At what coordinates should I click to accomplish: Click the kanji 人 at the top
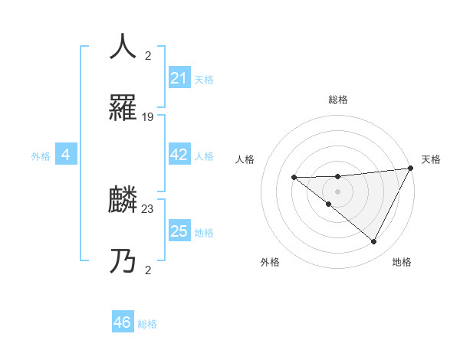[123, 47]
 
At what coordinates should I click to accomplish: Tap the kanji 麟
[123, 201]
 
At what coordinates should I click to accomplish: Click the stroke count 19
[148, 117]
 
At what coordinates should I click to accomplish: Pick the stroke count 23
[148, 208]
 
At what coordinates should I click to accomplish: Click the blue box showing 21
[179, 78]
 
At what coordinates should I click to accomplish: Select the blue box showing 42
[179, 155]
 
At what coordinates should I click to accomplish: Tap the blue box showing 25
[179, 231]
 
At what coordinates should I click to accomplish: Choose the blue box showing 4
[66, 155]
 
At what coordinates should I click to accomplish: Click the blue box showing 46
[123, 322]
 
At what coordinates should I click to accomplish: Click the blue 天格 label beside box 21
[204, 80]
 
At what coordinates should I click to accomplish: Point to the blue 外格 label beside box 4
[41, 156]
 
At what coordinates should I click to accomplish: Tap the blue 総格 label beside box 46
[147, 324]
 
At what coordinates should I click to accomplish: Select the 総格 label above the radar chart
[337, 100]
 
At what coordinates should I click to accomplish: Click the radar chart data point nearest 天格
[411, 169]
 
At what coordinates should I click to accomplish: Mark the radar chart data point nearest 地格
[374, 242]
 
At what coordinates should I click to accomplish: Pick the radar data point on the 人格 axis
[294, 178]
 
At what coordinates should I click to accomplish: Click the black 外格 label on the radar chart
[270, 262]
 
